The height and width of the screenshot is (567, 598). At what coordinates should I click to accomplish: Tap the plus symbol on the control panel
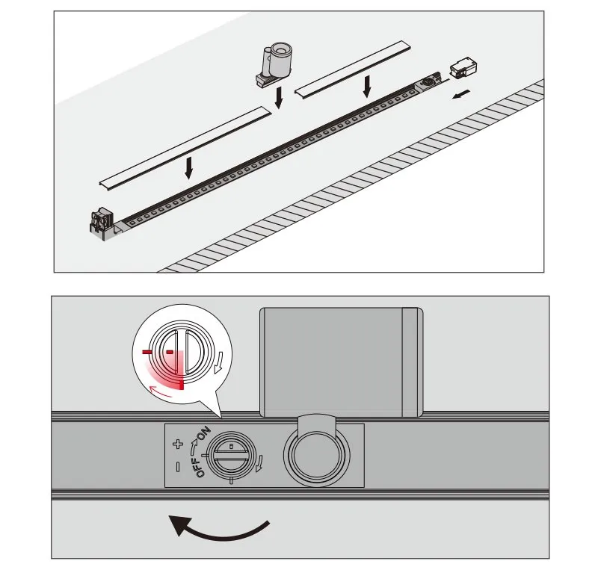coord(177,444)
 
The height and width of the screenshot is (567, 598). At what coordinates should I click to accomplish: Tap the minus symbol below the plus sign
coord(177,468)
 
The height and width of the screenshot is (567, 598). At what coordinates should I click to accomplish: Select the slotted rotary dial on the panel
coord(232,455)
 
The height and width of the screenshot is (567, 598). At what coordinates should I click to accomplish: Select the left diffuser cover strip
coord(184,145)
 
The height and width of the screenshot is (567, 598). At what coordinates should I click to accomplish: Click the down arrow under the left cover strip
coord(188,167)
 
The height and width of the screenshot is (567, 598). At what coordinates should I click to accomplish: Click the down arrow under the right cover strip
coord(366,87)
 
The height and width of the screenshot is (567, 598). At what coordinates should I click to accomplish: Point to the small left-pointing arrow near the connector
coord(463,94)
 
